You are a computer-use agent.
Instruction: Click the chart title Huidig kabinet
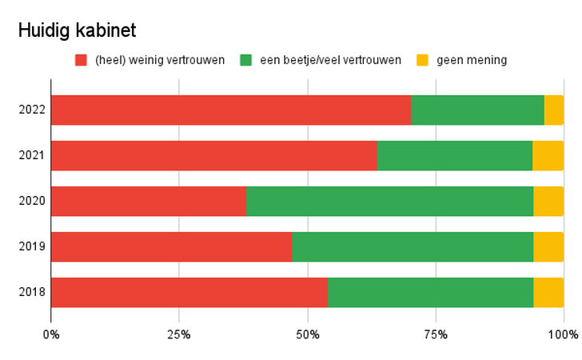click(x=78, y=30)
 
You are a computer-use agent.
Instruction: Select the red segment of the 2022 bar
click(x=231, y=110)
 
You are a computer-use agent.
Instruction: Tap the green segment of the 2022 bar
click(x=477, y=110)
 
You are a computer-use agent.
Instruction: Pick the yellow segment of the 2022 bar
click(x=553, y=110)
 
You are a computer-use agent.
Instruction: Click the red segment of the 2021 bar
click(x=213, y=155)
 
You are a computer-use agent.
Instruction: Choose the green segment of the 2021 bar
click(x=454, y=155)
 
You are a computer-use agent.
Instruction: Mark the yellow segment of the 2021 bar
click(x=548, y=155)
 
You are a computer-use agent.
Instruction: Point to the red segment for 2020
click(x=149, y=201)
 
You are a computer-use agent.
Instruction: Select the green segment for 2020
click(x=389, y=201)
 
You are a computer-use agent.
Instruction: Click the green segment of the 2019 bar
click(x=413, y=246)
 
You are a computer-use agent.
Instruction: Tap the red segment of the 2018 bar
click(x=189, y=292)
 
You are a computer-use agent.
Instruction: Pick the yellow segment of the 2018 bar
click(x=548, y=292)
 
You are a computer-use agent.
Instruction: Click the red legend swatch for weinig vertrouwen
click(x=81, y=60)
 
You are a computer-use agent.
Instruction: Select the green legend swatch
click(x=245, y=60)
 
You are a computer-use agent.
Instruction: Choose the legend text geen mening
click(x=471, y=60)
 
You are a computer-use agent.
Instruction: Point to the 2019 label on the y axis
click(x=32, y=246)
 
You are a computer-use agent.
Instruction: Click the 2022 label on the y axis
click(x=32, y=110)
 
